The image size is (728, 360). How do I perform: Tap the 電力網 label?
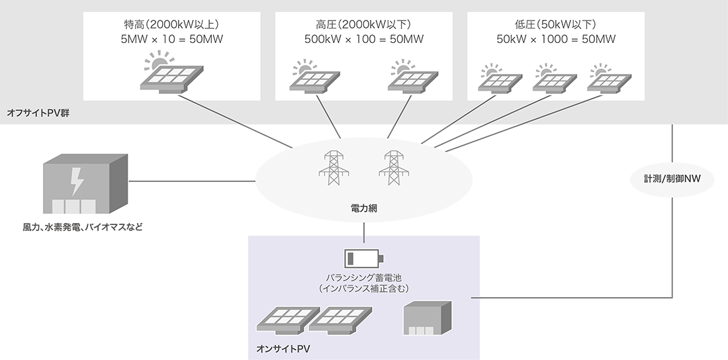tap(363, 208)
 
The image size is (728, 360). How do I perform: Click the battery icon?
tap(363, 257)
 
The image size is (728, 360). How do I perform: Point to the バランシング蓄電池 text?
tap(363, 278)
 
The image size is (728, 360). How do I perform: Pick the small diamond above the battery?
tap(363, 229)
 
